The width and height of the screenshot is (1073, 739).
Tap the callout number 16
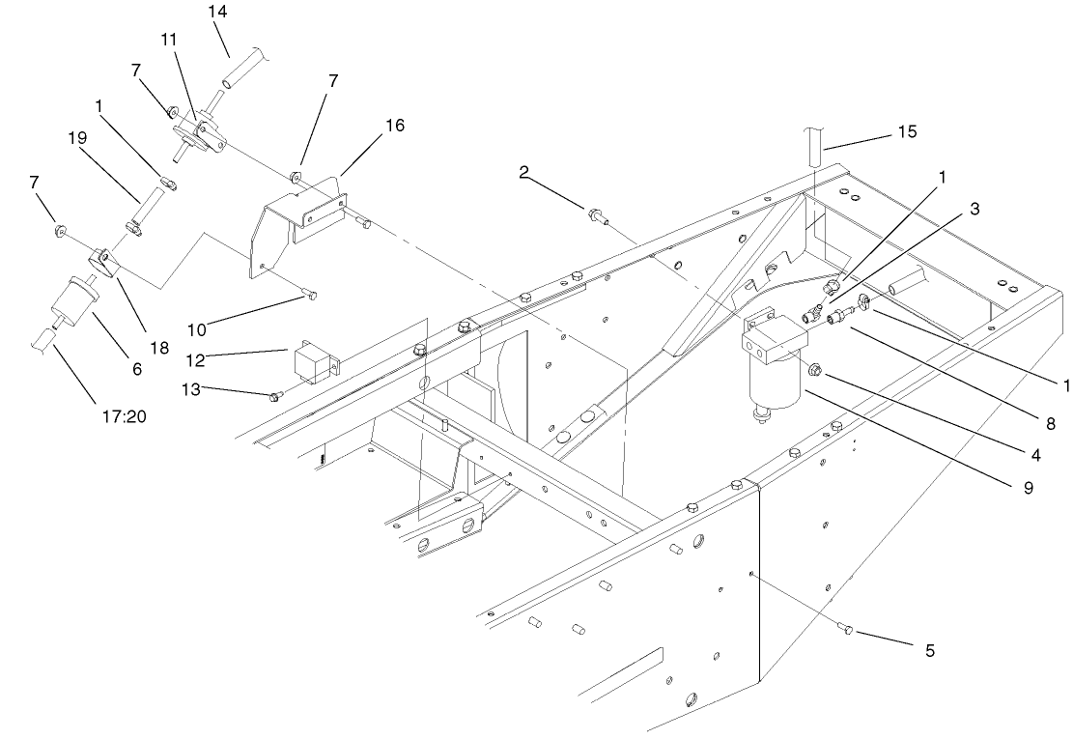368,126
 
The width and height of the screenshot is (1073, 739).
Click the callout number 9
1027,488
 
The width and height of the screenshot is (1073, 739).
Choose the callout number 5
930,651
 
